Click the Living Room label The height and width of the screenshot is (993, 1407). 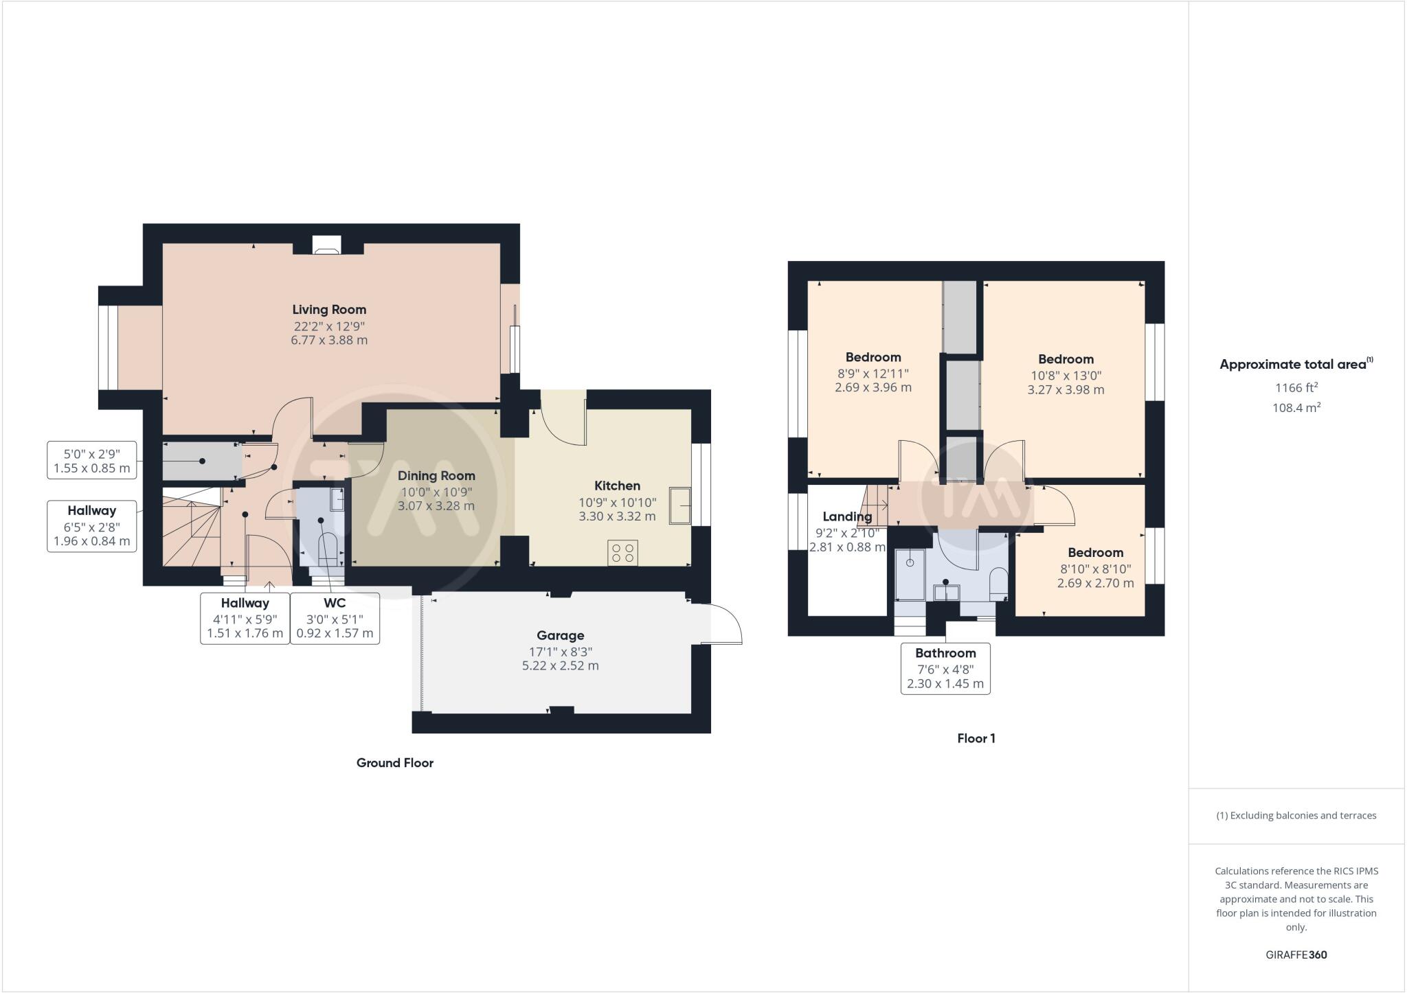coord(329,310)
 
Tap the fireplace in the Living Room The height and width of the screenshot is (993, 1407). coord(326,246)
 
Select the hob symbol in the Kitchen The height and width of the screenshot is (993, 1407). coord(622,553)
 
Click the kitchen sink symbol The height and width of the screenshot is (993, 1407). coord(679,506)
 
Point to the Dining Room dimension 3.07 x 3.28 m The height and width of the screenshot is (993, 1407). coord(436,506)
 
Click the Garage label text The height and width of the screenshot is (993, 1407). coord(560,636)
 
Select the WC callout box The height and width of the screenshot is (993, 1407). coord(335,618)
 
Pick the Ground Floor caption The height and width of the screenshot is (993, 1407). coord(394,763)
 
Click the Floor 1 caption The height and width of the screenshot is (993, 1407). coord(976,739)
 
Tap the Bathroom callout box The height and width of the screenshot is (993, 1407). coord(945,668)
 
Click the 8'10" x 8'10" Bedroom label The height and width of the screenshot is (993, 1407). coord(1095,553)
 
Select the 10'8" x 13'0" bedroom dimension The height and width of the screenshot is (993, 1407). coord(1066,376)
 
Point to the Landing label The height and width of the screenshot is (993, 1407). coord(846,516)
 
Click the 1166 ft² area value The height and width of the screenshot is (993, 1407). coord(1296,388)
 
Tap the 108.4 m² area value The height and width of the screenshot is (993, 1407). coord(1296,408)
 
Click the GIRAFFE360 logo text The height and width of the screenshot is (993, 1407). coord(1296,955)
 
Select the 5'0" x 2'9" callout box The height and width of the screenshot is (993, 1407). coord(91,461)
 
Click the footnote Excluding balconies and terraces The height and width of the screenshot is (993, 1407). coord(1296,816)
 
